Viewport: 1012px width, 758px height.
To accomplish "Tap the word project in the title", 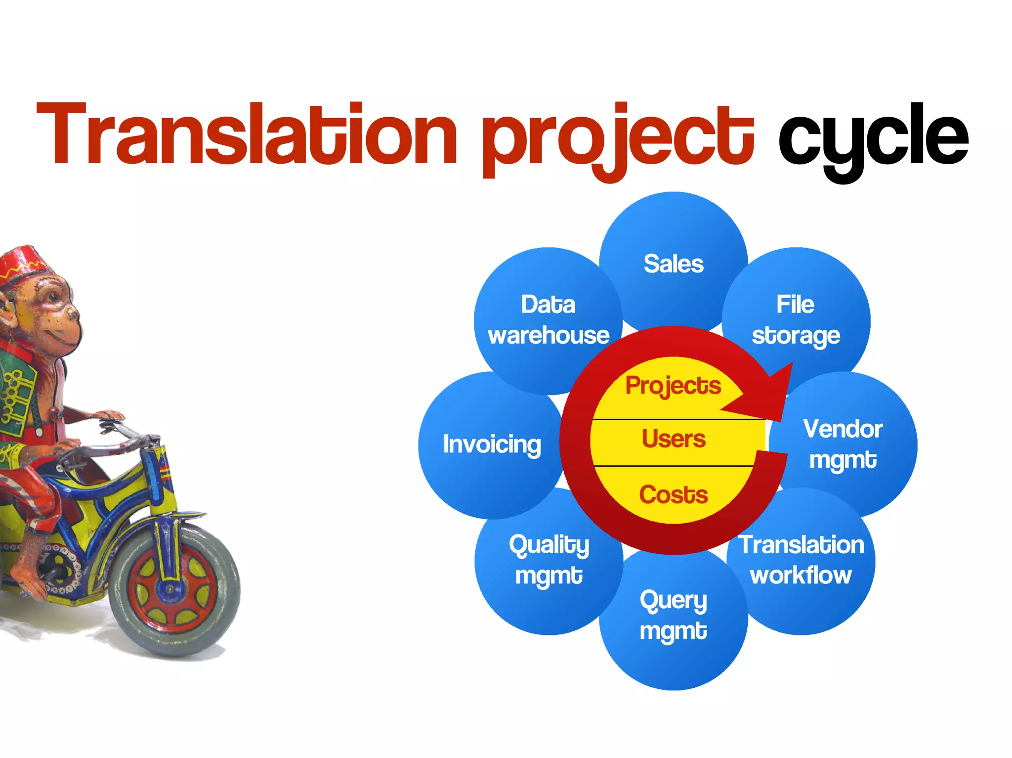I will pyautogui.click(x=618, y=136).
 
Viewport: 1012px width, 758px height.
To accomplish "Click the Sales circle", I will pyautogui.click(x=674, y=264).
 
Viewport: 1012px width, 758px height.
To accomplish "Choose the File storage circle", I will pyautogui.click(x=796, y=319).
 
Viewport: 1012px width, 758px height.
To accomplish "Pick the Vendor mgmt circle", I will pyautogui.click(x=843, y=444).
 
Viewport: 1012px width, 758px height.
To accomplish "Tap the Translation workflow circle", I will pyautogui.click(x=801, y=560).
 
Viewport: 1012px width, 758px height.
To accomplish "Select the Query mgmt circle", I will pyautogui.click(x=674, y=616).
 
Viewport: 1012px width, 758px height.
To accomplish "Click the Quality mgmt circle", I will pyautogui.click(x=548, y=560).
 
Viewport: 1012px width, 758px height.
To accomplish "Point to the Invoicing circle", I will pyautogui.click(x=492, y=444).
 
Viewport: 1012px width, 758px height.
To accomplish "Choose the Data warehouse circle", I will pyautogui.click(x=548, y=319).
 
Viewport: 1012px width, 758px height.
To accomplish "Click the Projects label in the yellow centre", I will pyautogui.click(x=673, y=386).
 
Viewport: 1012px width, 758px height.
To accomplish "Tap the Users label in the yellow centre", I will pyautogui.click(x=674, y=439).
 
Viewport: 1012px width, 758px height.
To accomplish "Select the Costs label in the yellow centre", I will pyautogui.click(x=674, y=494).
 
